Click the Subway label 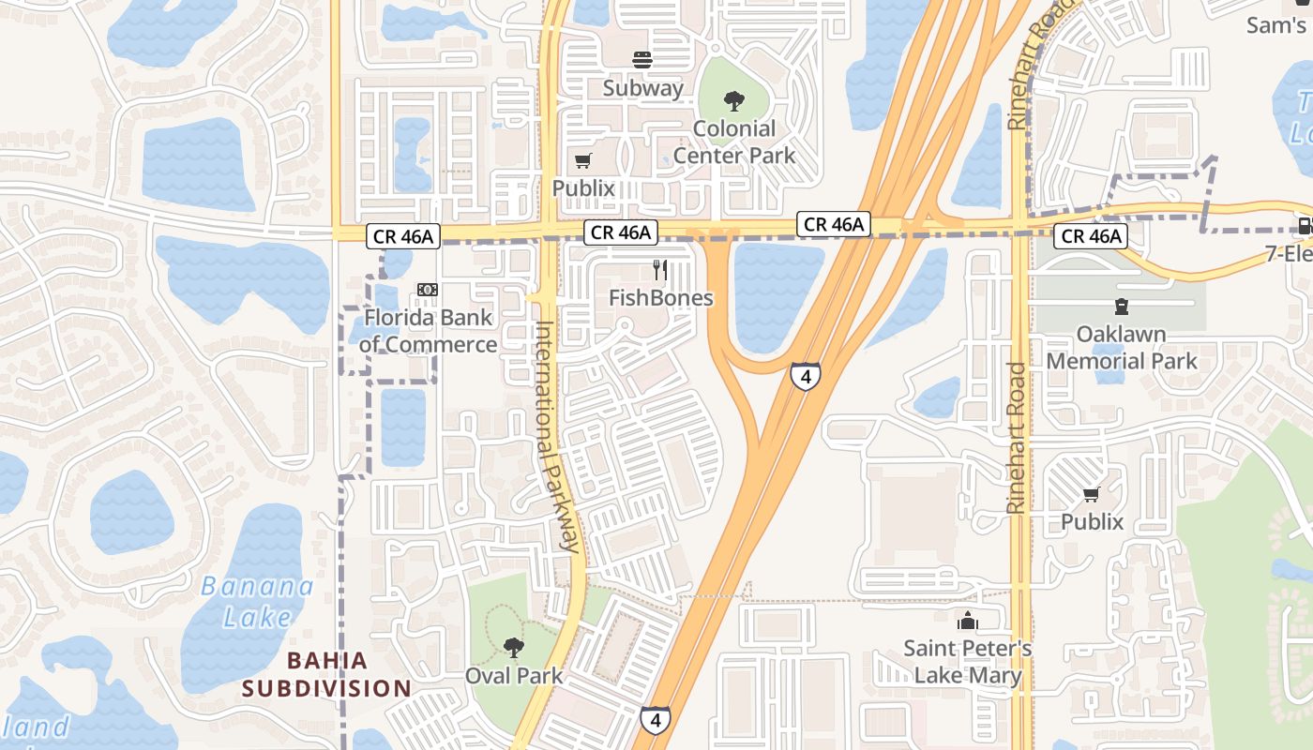point(642,88)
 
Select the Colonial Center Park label point(734,142)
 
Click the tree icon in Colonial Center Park point(734,100)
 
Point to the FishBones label point(661,298)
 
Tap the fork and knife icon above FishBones point(660,271)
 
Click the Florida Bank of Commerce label point(428,331)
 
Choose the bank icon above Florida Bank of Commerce point(428,291)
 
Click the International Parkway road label point(555,436)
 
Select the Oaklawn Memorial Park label point(1122,348)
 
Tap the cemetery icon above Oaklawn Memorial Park point(1121,307)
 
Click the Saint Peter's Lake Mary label point(968,662)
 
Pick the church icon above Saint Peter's point(967,621)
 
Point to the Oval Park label point(514,675)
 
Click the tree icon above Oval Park point(513,647)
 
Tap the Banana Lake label point(257,601)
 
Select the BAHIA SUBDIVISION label point(327,675)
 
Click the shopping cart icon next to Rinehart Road point(1091,494)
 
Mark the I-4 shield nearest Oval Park point(656,720)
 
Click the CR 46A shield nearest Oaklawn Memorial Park point(1092,236)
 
